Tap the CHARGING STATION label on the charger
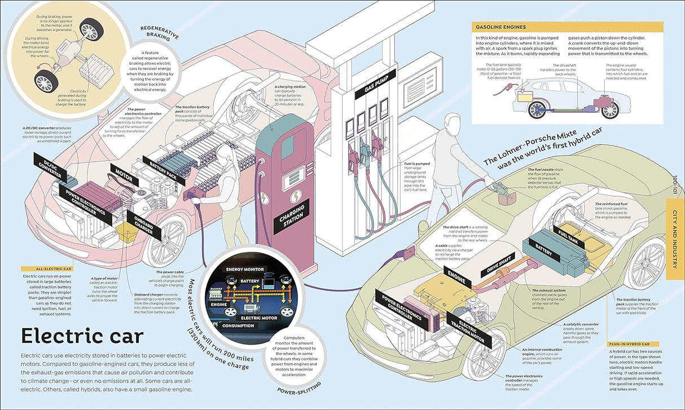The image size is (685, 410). point(292,215)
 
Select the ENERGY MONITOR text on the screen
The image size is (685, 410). point(244,270)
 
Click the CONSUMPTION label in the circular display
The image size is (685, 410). point(238,325)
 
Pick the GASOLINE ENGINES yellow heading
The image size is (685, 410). point(500,27)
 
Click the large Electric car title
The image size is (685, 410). point(82,337)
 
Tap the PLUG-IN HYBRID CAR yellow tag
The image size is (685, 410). point(633,343)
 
